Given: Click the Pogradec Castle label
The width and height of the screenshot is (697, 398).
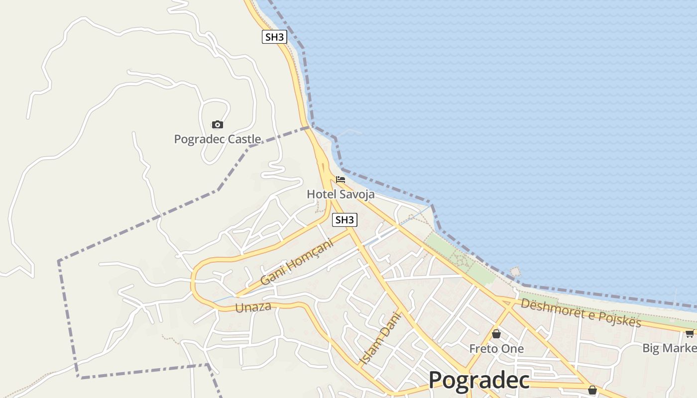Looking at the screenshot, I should point(217,139).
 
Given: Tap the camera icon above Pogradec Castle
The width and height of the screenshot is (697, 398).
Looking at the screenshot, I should point(217,124).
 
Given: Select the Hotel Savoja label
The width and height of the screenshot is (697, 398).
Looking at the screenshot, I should point(341,194).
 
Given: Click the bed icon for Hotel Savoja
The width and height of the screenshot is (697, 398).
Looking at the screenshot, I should point(341,180).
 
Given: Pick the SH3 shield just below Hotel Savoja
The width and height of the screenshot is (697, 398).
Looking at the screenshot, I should point(345,220).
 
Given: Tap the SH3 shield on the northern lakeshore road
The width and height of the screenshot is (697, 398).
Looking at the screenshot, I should point(274,37).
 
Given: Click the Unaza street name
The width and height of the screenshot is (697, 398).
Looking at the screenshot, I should point(253,307).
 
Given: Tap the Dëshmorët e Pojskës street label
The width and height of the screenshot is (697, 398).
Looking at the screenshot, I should point(581,312).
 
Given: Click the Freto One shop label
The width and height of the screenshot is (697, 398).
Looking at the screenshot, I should point(496,349).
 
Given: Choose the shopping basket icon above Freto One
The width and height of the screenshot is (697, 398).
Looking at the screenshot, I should point(496,334).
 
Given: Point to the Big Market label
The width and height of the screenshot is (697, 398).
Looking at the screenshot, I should point(669,348).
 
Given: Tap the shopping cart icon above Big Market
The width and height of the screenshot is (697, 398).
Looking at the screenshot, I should point(690,333).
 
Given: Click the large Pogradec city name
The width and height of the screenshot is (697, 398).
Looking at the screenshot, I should point(479,381).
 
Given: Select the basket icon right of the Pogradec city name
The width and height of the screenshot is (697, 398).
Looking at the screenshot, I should point(592,390).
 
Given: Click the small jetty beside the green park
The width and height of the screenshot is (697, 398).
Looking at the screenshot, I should point(515,272).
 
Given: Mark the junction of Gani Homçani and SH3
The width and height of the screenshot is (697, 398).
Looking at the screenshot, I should point(350,229).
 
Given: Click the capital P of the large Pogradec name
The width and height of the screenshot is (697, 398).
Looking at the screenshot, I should point(436,381).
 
